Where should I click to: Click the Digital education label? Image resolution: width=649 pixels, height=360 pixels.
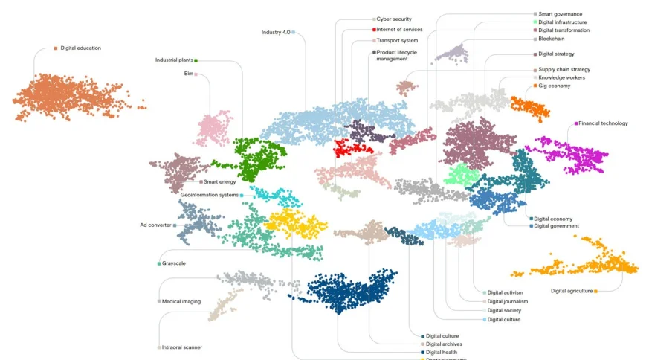pyautogui.click(x=80, y=48)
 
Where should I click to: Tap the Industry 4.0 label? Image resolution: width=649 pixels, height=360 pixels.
pyautogui.click(x=276, y=32)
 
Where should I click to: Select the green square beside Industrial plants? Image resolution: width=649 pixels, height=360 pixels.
pyautogui.click(x=196, y=60)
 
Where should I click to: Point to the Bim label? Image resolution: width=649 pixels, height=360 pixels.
pyautogui.click(x=188, y=74)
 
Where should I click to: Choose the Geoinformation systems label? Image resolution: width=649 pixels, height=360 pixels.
pyautogui.click(x=210, y=195)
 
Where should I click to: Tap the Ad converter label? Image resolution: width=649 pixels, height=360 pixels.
pyautogui.click(x=155, y=225)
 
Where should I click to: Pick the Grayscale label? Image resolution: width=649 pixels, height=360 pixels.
pyautogui.click(x=175, y=263)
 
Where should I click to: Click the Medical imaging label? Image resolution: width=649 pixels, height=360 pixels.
pyautogui.click(x=181, y=301)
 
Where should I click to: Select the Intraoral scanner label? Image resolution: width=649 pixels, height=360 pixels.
pyautogui.click(x=181, y=347)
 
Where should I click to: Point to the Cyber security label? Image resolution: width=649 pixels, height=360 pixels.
pyautogui.click(x=393, y=19)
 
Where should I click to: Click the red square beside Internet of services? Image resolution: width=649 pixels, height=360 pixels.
pyautogui.click(x=374, y=30)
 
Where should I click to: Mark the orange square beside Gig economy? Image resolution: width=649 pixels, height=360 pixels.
pyautogui.click(x=535, y=86)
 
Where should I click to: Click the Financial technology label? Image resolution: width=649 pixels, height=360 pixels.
pyautogui.click(x=603, y=123)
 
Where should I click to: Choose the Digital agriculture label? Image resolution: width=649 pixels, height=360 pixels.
pyautogui.click(x=572, y=291)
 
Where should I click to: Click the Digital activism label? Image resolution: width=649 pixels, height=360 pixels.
pyautogui.click(x=505, y=293)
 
